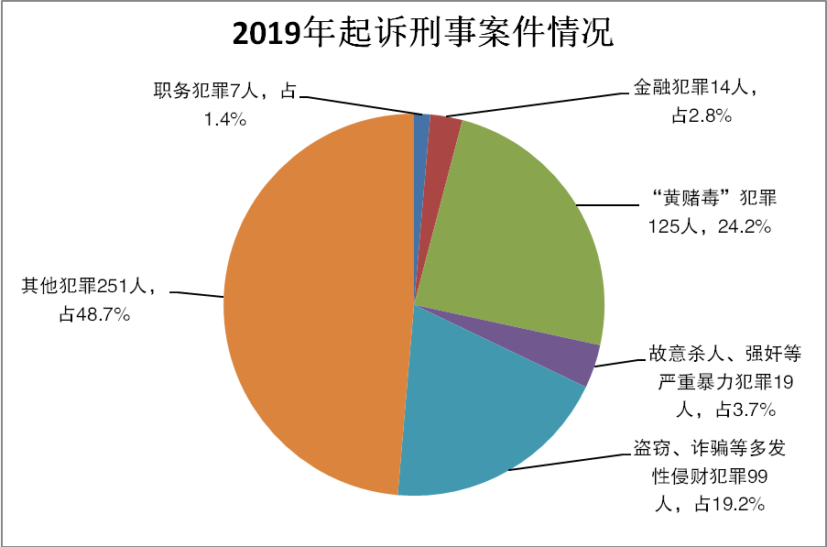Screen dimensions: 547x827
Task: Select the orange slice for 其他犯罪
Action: pos(311,302)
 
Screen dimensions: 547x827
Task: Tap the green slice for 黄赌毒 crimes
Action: pos(522,229)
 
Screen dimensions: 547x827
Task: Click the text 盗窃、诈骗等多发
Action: pos(710,450)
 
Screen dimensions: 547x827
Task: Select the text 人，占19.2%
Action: pos(710,503)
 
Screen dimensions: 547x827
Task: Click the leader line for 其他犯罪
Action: pos(197,295)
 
